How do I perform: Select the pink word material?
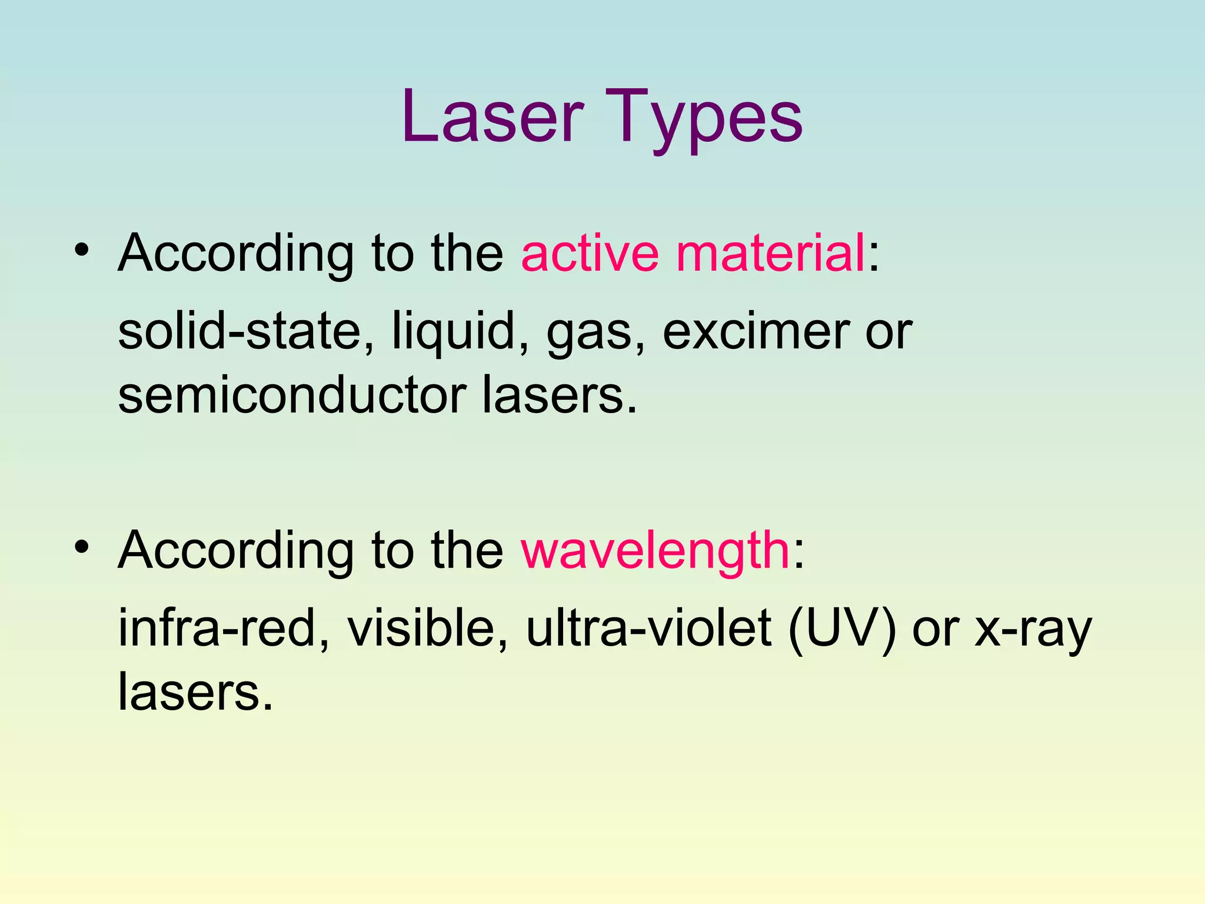(x=771, y=253)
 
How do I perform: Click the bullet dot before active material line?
(x=82, y=250)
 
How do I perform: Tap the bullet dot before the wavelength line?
(x=82, y=547)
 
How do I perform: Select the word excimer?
(x=755, y=331)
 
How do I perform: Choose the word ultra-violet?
(x=648, y=628)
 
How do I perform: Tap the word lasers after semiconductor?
(x=559, y=395)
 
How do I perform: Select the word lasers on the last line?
(x=195, y=692)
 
